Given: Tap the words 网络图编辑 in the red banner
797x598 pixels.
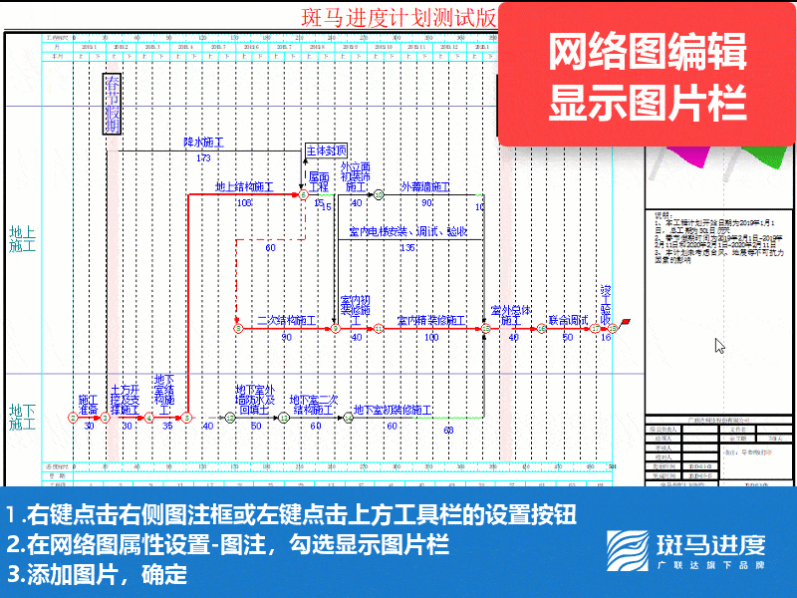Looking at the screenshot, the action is pos(648,53).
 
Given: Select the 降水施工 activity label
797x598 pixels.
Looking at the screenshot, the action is pos(203,143).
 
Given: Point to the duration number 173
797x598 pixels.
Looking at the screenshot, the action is pos(203,157).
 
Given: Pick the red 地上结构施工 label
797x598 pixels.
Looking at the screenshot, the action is pos(244,186).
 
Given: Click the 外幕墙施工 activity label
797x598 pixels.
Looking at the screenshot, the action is pos(424,186).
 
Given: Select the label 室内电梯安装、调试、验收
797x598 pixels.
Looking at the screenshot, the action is pos(408,231).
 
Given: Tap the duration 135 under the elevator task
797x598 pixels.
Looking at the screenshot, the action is pos(407,246).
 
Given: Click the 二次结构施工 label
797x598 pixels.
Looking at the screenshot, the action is pos(286,321).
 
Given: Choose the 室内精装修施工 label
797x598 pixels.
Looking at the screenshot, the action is pos(430,321).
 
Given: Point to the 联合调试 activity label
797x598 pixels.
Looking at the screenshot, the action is pos(568,321).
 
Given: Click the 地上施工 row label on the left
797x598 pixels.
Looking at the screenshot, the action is pos(22,238).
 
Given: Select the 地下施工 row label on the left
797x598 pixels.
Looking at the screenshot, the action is pos(22,417).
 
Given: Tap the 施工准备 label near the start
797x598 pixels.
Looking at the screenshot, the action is pos(89,405).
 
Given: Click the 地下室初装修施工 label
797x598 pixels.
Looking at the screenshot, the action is pos(393,410).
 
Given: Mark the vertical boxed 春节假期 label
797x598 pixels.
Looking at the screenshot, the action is pos(114,104).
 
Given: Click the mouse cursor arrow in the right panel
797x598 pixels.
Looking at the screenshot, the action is pos(719,346).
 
